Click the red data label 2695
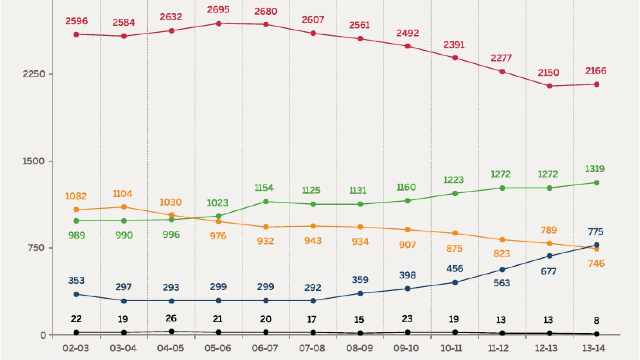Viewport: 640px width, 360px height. coord(218,10)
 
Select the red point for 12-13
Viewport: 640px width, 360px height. coord(550,86)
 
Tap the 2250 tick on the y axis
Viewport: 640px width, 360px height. coord(34,74)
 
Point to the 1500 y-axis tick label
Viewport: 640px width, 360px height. coord(33,161)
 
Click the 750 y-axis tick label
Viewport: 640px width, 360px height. coord(36,248)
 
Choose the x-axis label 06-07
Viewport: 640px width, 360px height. coord(265,348)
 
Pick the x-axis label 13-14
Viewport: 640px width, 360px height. coord(594,348)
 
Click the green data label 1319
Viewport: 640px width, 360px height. coord(595,169)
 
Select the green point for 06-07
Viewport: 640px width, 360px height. coord(266,202)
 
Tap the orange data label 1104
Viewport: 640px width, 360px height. coord(123,194)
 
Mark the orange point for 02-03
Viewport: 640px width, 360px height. coord(76,210)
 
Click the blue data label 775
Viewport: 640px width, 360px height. coord(596,232)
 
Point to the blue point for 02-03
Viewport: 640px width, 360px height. coord(76,294)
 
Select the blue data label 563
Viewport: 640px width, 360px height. coord(502,283)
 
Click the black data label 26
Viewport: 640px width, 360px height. coord(171,319)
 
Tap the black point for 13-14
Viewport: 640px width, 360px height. coord(597,334)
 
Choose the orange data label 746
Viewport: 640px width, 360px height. coord(596,264)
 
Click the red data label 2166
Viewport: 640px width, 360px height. coord(596,71)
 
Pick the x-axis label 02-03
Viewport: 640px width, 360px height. coord(76,348)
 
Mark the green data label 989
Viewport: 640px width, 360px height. coord(77,235)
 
